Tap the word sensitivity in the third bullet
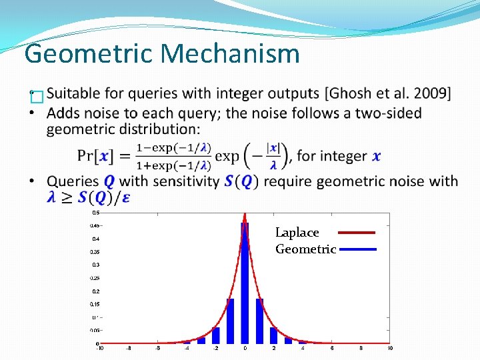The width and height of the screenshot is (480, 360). (x=179, y=181)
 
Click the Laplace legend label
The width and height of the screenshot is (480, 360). (x=297, y=233)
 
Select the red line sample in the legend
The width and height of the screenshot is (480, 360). (x=357, y=233)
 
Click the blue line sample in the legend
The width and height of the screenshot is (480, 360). (x=357, y=249)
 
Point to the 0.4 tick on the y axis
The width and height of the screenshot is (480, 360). (x=95, y=239)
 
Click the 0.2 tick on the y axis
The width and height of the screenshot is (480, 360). (x=95, y=291)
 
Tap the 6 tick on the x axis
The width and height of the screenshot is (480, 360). (x=332, y=349)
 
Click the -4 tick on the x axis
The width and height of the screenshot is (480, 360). (x=187, y=349)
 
